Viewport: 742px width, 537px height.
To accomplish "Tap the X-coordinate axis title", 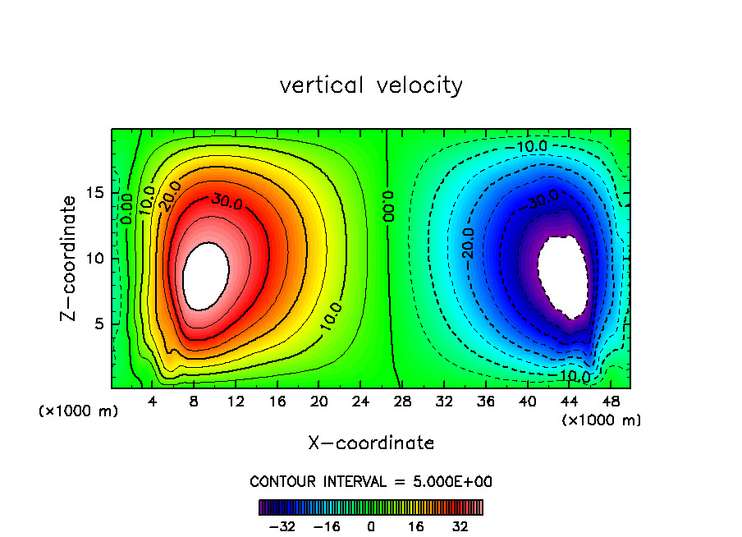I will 371,443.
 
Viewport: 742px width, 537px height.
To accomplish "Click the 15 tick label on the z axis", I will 94,193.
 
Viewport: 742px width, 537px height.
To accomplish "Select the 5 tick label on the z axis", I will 98,324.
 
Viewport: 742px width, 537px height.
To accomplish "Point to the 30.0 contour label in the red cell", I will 227,200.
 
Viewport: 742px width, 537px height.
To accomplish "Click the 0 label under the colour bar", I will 371,526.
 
